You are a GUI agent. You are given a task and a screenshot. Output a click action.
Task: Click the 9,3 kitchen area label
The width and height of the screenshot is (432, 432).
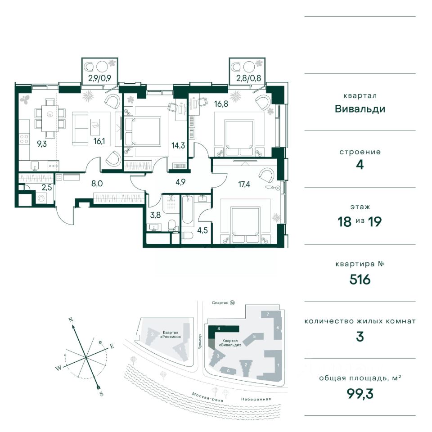pos(42,144)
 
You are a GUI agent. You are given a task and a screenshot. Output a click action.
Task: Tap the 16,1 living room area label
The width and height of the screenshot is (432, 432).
pos(99,141)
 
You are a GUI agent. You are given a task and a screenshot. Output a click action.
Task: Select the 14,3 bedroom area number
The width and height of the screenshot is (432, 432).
pos(178,145)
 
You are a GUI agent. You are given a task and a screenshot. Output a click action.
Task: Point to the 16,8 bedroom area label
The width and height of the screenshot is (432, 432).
pos(221,104)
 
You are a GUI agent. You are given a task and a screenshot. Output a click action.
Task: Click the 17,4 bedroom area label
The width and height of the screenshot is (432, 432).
pos(244,184)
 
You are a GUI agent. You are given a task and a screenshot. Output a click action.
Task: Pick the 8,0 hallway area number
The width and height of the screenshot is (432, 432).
pos(97,183)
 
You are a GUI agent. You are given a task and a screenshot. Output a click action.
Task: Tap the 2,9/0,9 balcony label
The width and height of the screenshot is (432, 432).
pos(99,78)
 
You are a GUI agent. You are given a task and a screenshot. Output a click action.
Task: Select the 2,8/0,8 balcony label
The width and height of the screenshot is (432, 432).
pos(248,78)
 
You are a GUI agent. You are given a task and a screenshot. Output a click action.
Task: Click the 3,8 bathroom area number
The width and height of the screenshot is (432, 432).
pos(155,215)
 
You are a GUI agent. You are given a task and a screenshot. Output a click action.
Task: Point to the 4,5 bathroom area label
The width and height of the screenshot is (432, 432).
pos(202,230)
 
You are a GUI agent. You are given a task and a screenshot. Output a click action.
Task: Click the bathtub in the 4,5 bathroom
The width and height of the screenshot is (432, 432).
pos(188,209)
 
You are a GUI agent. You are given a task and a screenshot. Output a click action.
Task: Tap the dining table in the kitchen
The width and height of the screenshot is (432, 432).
pos(50,118)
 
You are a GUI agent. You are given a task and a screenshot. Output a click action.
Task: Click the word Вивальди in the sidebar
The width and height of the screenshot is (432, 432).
pos(360,109)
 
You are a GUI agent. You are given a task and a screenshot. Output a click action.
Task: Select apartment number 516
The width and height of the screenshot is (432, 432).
pos(360,279)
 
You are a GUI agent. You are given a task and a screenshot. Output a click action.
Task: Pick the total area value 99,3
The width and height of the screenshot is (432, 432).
pos(360,394)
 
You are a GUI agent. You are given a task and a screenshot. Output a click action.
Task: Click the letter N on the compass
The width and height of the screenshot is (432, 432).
pos(71,320)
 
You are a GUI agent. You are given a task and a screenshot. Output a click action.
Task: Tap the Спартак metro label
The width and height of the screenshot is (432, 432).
pos(220,303)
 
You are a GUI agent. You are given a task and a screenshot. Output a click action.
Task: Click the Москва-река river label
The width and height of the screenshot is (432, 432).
pos(207,397)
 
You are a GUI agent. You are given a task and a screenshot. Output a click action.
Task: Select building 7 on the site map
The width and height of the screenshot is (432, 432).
pos(267,314)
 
